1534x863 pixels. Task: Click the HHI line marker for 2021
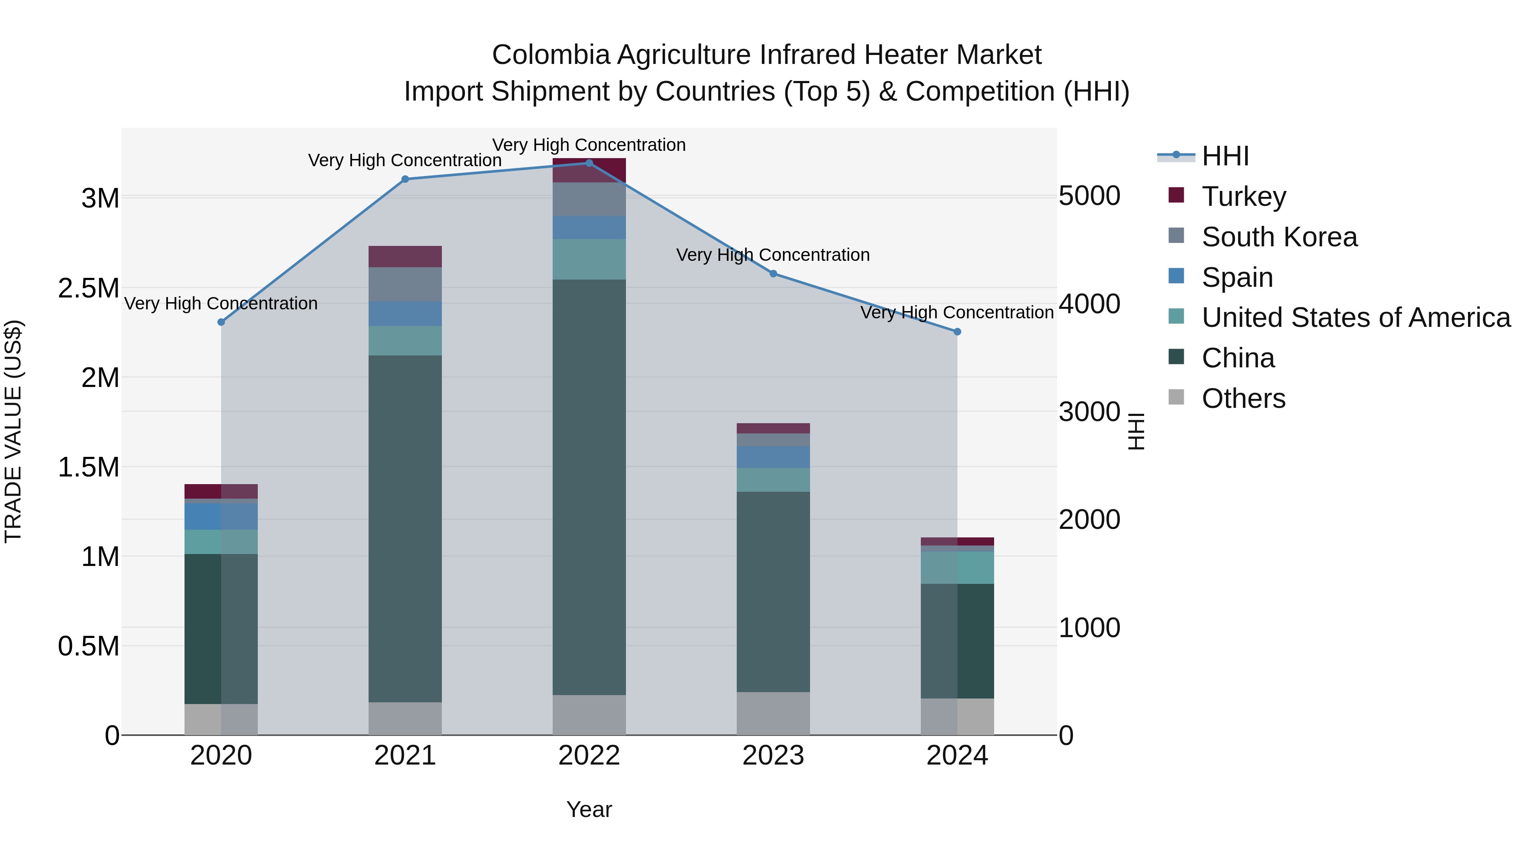tap(405, 179)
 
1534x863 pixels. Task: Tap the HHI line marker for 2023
tap(773, 274)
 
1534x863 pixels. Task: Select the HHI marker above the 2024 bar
tap(957, 332)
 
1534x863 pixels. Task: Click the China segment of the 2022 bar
tap(589, 487)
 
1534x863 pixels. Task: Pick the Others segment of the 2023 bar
tap(773, 713)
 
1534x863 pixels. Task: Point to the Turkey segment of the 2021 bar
tap(405, 257)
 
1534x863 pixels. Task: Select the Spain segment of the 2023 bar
tap(773, 457)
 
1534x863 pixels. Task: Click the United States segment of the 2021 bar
tap(405, 341)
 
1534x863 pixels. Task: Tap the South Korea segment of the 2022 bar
tap(589, 199)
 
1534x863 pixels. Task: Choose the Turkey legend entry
tap(1243, 196)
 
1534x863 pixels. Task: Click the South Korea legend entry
tap(1279, 237)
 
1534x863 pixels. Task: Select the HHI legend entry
tap(1225, 156)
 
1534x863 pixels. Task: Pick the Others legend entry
tap(1243, 398)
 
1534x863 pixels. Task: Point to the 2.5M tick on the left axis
tap(88, 288)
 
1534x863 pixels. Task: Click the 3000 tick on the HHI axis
tap(1089, 412)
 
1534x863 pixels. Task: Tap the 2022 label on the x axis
tap(589, 756)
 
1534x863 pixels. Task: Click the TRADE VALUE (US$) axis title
tap(13, 431)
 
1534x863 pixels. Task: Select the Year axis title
tap(589, 809)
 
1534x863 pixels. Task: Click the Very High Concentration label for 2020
tap(221, 304)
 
